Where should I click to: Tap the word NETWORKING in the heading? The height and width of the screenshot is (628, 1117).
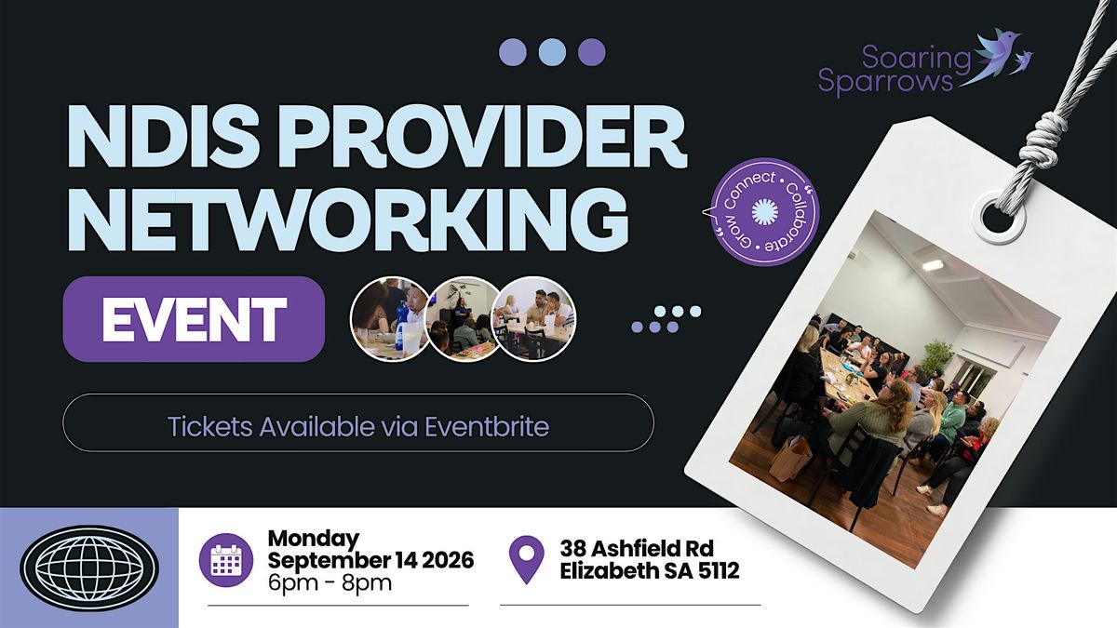347,220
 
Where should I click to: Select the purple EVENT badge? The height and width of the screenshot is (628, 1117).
194,319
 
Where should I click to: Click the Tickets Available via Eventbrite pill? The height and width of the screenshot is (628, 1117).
358,422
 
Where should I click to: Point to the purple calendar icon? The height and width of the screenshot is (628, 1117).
226,560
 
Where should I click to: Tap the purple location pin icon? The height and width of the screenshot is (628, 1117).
526,559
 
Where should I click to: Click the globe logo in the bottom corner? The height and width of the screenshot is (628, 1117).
89,568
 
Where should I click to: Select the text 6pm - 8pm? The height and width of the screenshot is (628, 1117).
330,582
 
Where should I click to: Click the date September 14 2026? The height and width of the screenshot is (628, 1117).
370,560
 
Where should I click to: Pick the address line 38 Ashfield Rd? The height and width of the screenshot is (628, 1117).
637,549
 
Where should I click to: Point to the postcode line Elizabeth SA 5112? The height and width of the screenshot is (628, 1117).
650,571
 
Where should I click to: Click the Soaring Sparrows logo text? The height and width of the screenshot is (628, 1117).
894,70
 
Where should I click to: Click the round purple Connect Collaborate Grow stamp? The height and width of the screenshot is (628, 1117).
764,212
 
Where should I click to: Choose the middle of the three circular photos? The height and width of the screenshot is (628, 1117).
464,319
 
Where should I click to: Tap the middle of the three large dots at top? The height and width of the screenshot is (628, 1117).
552,52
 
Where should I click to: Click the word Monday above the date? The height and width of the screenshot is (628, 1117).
313,539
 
